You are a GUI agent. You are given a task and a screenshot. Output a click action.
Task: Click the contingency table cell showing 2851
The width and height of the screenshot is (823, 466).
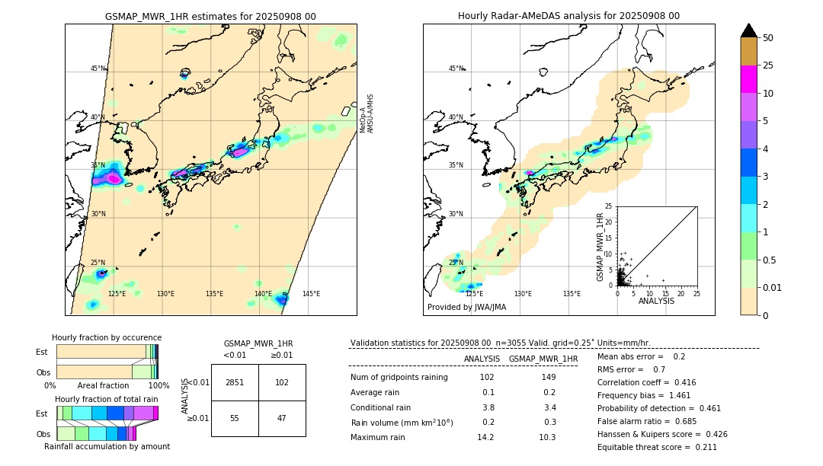pyautogui.click(x=235, y=382)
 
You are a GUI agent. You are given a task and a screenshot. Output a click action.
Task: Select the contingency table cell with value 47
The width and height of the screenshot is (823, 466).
pyautogui.click(x=282, y=418)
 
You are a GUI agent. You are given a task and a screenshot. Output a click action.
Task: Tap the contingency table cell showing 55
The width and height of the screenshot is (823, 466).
pyautogui.click(x=235, y=418)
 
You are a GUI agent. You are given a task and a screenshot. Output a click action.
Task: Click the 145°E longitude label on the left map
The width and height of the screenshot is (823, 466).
pyautogui.click(x=311, y=294)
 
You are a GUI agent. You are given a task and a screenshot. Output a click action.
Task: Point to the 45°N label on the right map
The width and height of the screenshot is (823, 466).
pyautogui.click(x=456, y=69)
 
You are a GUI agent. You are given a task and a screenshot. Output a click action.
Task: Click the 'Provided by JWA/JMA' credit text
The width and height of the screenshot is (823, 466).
pyautogui.click(x=466, y=308)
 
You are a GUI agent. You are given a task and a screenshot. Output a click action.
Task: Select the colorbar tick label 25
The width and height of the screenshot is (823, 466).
pyautogui.click(x=769, y=65)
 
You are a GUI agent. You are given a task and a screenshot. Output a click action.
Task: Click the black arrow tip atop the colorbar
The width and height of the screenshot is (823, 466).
pyautogui.click(x=749, y=30)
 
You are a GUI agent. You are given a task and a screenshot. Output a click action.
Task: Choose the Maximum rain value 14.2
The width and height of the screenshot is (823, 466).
pyautogui.click(x=485, y=437)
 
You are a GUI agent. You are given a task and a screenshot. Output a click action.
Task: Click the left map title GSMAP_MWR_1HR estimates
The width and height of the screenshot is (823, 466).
pyautogui.click(x=210, y=16)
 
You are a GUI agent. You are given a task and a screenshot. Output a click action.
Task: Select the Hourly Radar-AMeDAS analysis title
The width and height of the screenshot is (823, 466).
pyautogui.click(x=568, y=16)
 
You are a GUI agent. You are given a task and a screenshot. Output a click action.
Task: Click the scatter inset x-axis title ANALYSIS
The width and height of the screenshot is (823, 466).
pyautogui.click(x=656, y=301)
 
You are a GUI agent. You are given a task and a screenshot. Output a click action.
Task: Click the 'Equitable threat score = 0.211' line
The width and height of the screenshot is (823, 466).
pyautogui.click(x=657, y=447)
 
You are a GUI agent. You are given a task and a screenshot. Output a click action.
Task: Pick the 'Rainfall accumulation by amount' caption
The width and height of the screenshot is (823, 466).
pyautogui.click(x=106, y=446)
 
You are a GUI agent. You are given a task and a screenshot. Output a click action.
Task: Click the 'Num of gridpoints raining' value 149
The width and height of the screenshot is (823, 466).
pyautogui.click(x=549, y=378)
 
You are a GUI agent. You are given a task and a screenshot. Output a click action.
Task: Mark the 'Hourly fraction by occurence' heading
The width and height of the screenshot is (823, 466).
pyautogui.click(x=107, y=337)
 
